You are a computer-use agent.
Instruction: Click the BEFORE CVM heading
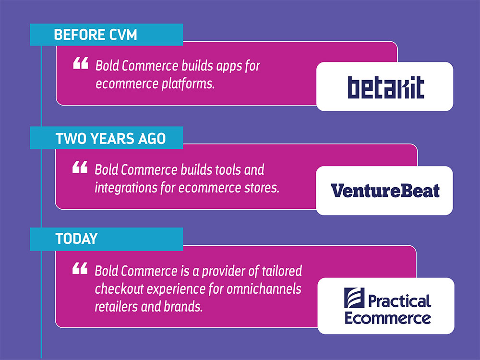coord(95,35)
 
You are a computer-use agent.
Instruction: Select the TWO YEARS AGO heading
coord(110,138)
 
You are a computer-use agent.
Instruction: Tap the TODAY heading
coord(76,239)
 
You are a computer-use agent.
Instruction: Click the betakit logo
coord(386,87)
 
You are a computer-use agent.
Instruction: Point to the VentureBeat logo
coord(385,191)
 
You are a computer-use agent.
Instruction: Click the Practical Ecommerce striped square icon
coord(354,298)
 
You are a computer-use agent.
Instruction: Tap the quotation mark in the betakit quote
coord(81,63)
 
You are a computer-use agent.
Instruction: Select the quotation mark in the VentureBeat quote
coord(80,167)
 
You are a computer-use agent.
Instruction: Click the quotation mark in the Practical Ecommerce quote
coord(80,268)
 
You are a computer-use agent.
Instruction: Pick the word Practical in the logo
coord(399,301)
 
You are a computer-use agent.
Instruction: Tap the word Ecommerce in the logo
coord(388,319)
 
